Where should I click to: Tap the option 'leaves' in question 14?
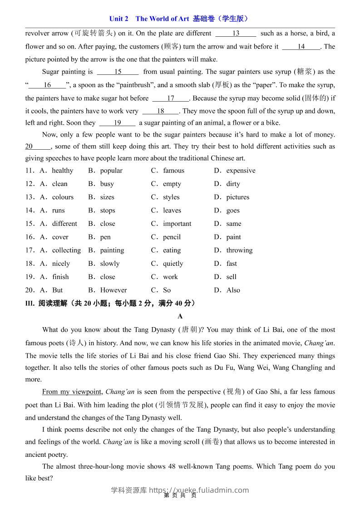(172, 210)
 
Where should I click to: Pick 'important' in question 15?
(177, 224)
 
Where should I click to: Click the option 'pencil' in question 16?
(172, 237)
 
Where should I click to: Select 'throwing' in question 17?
(239, 250)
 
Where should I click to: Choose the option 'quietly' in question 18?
(173, 264)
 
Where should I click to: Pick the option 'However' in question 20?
(113, 290)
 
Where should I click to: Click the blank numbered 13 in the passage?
(236, 33)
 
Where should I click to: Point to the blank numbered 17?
(170, 98)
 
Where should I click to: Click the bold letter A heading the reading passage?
(180, 316)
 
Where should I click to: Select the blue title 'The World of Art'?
(162, 19)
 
